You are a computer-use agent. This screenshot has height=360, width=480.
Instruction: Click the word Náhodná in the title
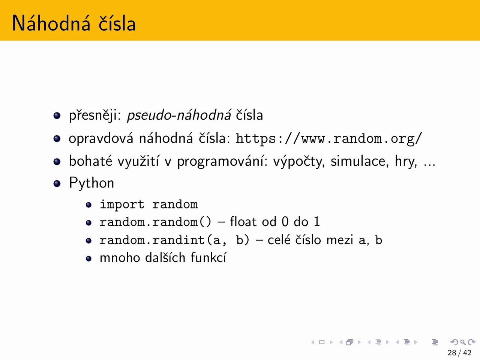[x=51, y=23]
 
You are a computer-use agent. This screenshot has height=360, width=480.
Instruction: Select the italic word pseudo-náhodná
[x=179, y=115]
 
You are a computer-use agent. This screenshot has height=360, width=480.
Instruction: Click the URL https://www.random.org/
[x=328, y=139]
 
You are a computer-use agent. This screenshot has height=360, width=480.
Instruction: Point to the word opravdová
[x=101, y=139]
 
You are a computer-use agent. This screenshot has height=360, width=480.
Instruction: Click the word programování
[x=222, y=161]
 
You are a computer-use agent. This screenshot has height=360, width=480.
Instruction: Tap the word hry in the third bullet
[x=406, y=161]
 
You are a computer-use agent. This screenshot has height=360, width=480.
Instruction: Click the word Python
[x=91, y=183]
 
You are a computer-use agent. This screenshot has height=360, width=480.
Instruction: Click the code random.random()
[x=156, y=222]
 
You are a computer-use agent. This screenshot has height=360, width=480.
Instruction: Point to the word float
[x=243, y=222]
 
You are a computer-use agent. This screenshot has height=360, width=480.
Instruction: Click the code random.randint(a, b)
[x=174, y=240]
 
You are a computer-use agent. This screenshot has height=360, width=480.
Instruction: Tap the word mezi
[x=340, y=240]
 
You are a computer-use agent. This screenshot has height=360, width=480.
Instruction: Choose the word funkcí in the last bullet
[x=208, y=258]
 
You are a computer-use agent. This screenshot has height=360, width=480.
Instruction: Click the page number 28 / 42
[x=459, y=352]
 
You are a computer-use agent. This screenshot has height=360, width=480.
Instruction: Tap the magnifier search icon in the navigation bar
[x=463, y=342]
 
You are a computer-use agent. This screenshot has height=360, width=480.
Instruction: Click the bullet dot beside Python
[x=57, y=183]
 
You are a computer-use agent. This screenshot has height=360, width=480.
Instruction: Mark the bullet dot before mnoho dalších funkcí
[x=88, y=259]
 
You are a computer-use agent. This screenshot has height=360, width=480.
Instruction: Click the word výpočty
[x=299, y=161]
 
